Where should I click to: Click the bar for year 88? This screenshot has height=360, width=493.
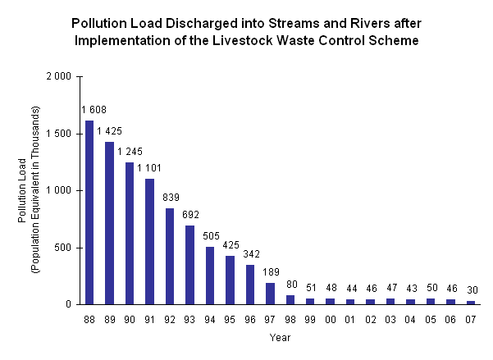pos(89,212)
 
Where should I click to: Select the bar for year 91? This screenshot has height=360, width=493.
pos(149,241)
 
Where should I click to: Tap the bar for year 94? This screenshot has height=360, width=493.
pos(210,276)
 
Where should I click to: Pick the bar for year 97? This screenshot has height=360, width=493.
pos(270,294)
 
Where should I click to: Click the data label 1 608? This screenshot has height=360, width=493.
pos(93,110)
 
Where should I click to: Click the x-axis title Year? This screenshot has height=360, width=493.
pos(280,336)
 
